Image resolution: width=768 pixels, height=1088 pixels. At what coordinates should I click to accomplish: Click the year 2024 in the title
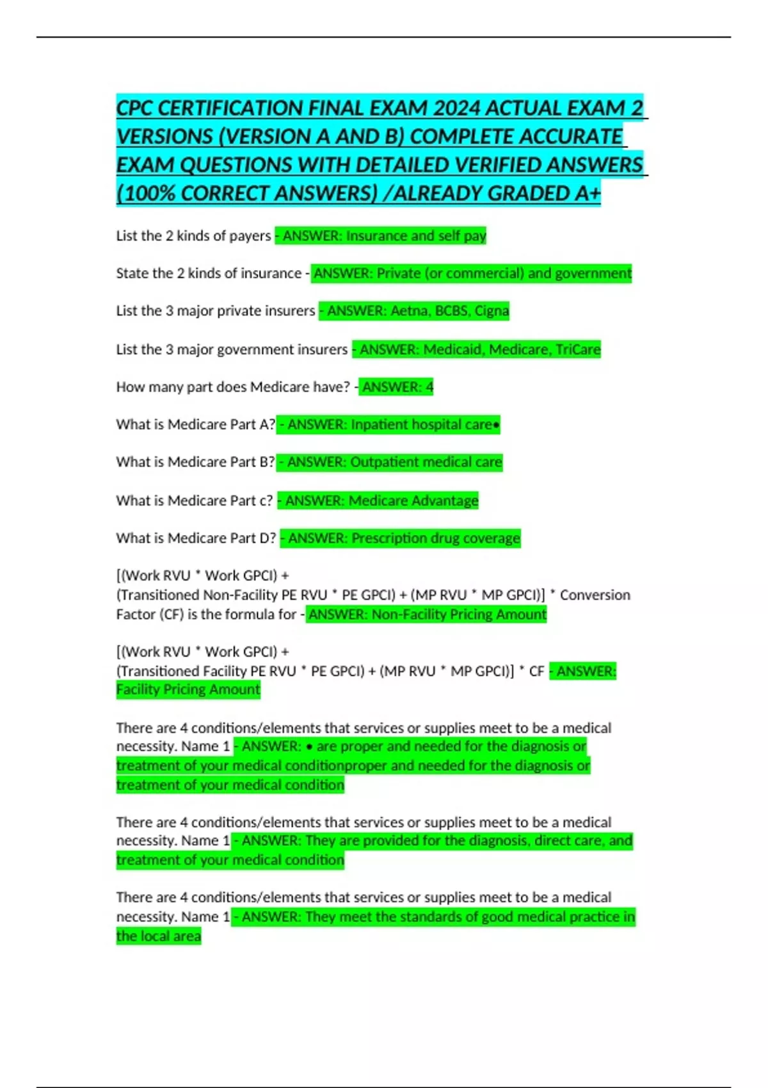[456, 108]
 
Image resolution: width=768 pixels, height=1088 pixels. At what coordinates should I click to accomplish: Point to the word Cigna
[492, 311]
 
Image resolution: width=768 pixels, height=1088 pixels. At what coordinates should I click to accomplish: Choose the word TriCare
[578, 349]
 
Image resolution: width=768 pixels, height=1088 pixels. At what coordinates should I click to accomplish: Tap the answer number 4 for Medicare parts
[429, 387]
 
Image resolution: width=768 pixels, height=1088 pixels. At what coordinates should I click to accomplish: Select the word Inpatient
[379, 425]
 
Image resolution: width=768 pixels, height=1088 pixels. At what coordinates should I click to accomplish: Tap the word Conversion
[595, 595]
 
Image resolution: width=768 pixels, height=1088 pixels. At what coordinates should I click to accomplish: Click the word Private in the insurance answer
[399, 273]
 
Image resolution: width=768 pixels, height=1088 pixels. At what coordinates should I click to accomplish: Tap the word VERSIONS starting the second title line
[164, 137]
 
